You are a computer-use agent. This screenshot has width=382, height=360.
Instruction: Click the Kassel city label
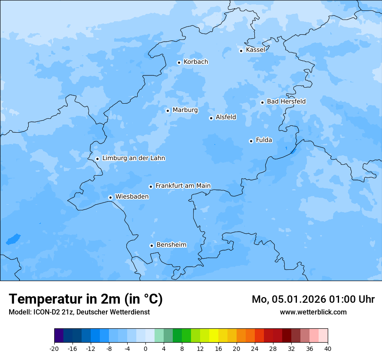255,50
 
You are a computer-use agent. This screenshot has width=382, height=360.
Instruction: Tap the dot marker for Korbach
179,62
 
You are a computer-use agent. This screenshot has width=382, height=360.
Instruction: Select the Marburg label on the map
185,110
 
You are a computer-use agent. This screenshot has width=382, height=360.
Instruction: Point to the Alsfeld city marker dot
211,118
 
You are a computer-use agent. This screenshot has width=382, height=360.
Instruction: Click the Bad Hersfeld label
286,101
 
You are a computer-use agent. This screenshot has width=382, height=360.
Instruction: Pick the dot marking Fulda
251,141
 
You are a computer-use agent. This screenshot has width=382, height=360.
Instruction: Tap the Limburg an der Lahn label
134,158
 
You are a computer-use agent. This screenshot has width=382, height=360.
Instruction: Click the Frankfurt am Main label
183,186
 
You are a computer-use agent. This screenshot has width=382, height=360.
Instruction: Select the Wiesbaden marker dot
111,197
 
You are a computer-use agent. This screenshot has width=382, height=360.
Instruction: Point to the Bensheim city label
171,245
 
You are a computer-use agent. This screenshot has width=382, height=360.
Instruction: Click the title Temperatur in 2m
86,299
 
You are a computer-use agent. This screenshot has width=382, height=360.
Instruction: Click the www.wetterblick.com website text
313,312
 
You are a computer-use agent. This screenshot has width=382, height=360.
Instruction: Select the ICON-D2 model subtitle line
79,312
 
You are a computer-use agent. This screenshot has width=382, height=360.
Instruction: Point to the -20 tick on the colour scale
54,348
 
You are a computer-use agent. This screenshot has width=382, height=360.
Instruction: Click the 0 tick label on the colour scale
145,348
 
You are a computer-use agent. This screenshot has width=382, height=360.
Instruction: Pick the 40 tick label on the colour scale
327,348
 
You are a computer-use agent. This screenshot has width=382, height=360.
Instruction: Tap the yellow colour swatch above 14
214,336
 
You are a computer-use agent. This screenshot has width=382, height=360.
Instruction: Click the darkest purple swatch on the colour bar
59,336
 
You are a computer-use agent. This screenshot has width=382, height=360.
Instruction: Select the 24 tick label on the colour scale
255,348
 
